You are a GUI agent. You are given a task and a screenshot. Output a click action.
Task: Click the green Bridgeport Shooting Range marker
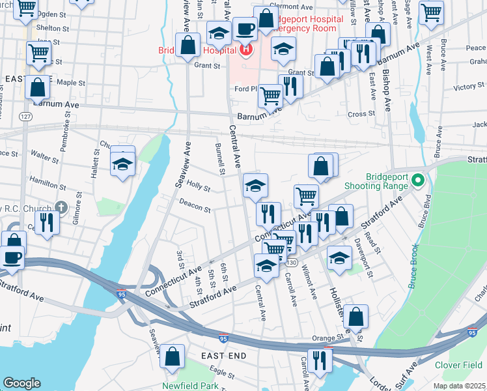(x=418, y=180)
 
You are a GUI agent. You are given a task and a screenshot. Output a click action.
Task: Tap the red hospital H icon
(x=246, y=48)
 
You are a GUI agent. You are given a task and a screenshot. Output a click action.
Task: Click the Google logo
(x=21, y=383)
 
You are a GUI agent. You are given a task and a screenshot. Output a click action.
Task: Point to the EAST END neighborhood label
(x=223, y=356)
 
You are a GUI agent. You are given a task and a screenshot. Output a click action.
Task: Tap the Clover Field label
(x=458, y=365)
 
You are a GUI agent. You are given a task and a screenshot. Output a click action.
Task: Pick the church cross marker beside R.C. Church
(x=61, y=208)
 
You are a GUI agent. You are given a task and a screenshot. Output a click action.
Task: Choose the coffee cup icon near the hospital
(x=245, y=29)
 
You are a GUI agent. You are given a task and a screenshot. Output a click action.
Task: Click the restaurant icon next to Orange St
(x=318, y=360)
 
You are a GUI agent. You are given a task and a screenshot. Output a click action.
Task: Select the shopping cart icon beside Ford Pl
(x=270, y=96)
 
